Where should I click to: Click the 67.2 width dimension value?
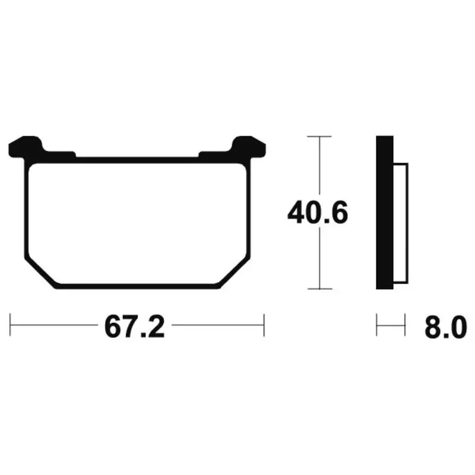135,327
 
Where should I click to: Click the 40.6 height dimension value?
318,213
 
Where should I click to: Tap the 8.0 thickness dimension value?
446,327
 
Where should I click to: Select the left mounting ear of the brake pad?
26,147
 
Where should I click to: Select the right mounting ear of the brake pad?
248,147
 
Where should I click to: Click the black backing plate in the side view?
385,213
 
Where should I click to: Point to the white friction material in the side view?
401,223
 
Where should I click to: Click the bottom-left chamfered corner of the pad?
40,274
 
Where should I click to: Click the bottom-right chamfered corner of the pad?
235,274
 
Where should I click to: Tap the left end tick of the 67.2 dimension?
10,325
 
